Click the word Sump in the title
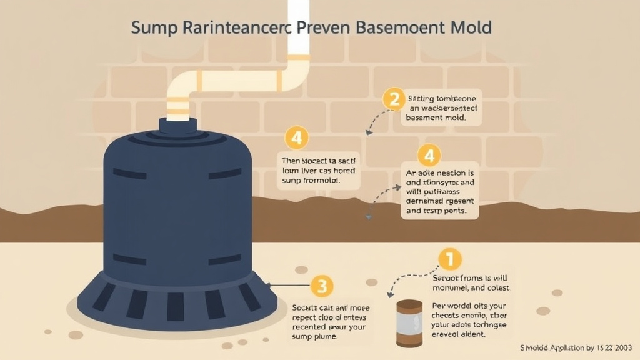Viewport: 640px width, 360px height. pos(154,28)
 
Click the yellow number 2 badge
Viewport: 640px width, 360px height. pos(393,99)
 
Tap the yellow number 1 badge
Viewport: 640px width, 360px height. pos(449,259)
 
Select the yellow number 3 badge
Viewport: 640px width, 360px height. pos(321,287)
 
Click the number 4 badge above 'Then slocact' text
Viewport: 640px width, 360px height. pos(296,137)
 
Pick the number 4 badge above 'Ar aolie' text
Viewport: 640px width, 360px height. pos(429,155)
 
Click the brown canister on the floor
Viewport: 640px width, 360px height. pos(409,322)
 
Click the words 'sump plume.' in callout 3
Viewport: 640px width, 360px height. pos(315,336)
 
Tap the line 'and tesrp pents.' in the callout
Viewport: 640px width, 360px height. pos(435,211)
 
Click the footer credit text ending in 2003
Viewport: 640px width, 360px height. pos(574,347)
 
